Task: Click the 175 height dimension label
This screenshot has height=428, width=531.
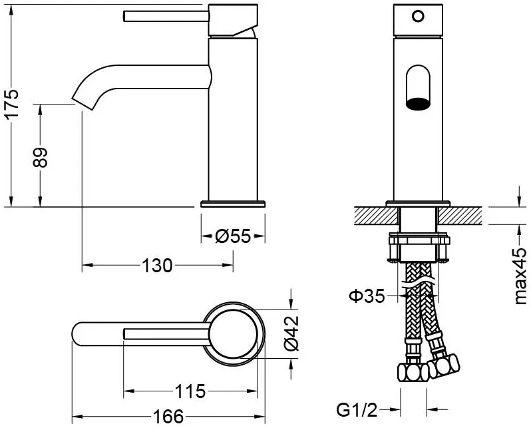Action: [13, 104]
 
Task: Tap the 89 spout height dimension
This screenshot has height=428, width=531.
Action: [41, 157]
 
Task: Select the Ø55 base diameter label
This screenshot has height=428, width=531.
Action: [233, 236]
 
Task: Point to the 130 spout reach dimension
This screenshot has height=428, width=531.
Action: [157, 266]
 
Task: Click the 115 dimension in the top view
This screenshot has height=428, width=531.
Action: [190, 391]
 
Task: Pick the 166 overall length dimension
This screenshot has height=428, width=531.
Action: [168, 416]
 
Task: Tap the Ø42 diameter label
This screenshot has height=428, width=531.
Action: [291, 333]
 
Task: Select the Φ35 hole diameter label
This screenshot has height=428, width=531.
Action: [367, 296]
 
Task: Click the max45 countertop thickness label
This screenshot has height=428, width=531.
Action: [520, 276]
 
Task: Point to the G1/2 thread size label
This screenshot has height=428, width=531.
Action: [357, 411]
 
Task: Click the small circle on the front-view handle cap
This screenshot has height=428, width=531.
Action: [418, 16]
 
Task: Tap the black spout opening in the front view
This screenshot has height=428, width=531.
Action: [419, 104]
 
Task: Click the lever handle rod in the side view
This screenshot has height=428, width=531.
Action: [166, 16]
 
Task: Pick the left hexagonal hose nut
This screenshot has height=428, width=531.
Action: [413, 372]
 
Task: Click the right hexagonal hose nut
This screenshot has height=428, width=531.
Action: [444, 365]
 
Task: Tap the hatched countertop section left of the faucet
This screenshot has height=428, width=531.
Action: [376, 216]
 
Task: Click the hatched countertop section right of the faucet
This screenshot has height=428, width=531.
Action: [460, 216]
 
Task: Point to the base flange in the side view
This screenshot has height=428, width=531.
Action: [233, 204]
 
